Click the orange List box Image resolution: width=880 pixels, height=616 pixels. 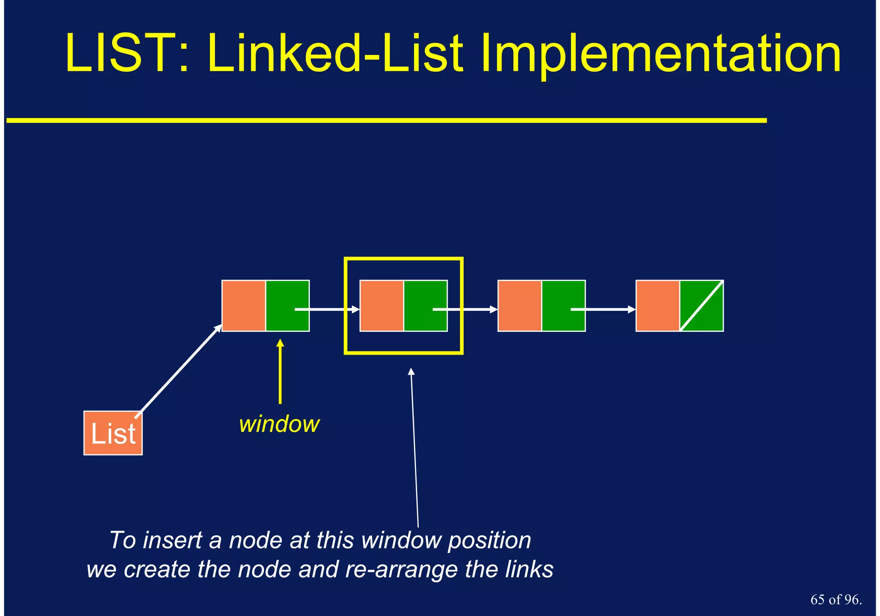113,433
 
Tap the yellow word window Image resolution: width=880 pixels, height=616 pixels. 279,424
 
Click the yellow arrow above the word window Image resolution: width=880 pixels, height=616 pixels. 280,372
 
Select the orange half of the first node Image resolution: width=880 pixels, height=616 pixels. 244,306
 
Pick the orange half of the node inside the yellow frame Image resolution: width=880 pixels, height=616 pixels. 382,306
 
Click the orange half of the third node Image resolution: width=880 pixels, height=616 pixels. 519,306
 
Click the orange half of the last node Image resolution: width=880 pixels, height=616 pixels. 657,306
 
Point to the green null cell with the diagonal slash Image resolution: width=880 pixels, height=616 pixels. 702,306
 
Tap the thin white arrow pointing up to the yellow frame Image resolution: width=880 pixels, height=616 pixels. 415,447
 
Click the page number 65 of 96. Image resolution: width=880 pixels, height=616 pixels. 836,600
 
